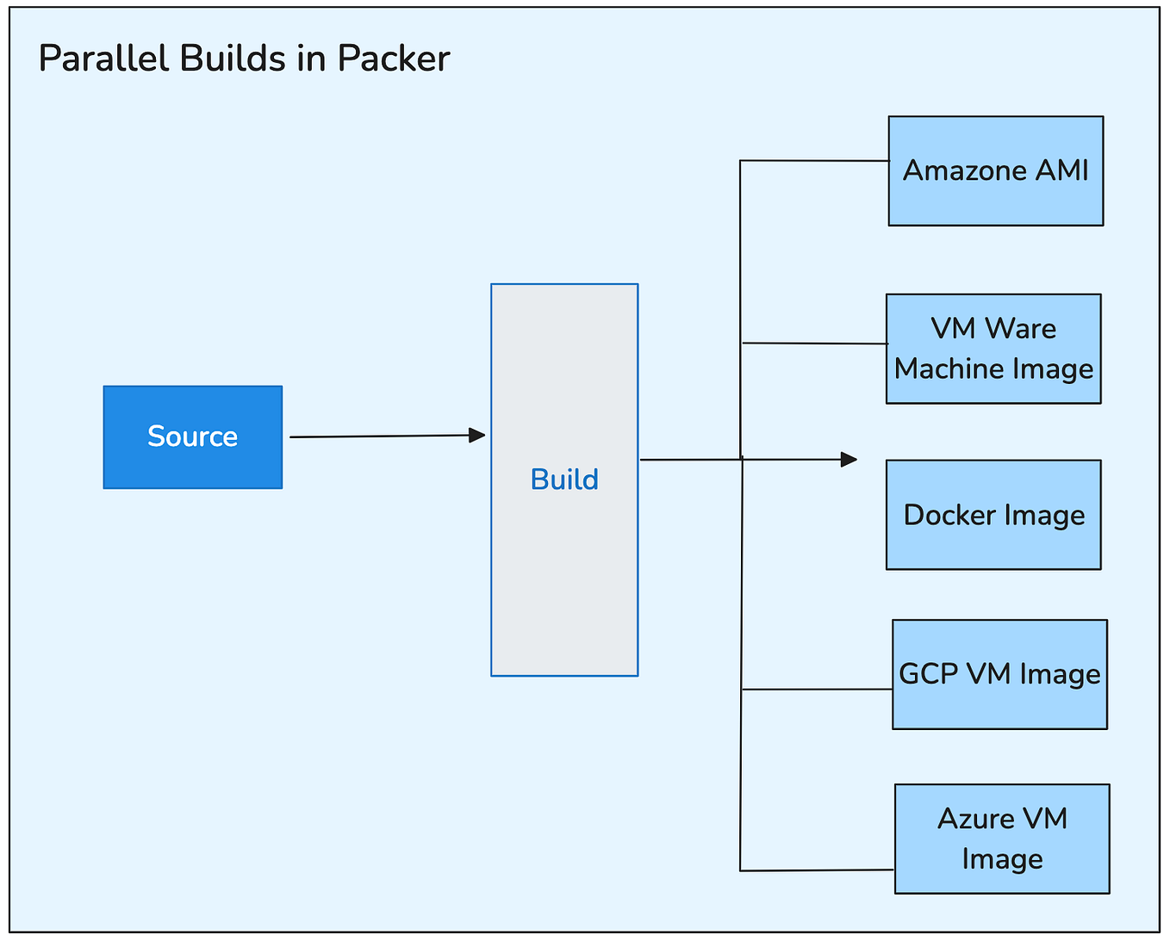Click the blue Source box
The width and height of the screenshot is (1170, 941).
pos(192,436)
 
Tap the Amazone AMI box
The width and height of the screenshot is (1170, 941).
pos(995,170)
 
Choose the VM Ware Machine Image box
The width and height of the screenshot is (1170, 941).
pos(993,348)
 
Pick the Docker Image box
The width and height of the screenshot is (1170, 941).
pos(993,514)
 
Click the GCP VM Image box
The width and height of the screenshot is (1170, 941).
pos(999,673)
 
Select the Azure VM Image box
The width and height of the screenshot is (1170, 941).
pos(1002,838)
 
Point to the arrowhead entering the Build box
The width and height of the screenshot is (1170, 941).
pos(477,436)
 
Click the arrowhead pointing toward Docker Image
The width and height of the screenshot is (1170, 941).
pos(849,460)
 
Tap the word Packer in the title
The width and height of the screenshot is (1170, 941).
pos(394,59)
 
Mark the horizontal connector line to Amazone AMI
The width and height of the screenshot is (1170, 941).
pos(814,161)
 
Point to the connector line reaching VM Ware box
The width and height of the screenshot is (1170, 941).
pos(814,344)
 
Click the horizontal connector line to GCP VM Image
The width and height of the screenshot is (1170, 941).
pos(817,689)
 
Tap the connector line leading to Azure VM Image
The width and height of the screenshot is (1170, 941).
pos(817,870)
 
